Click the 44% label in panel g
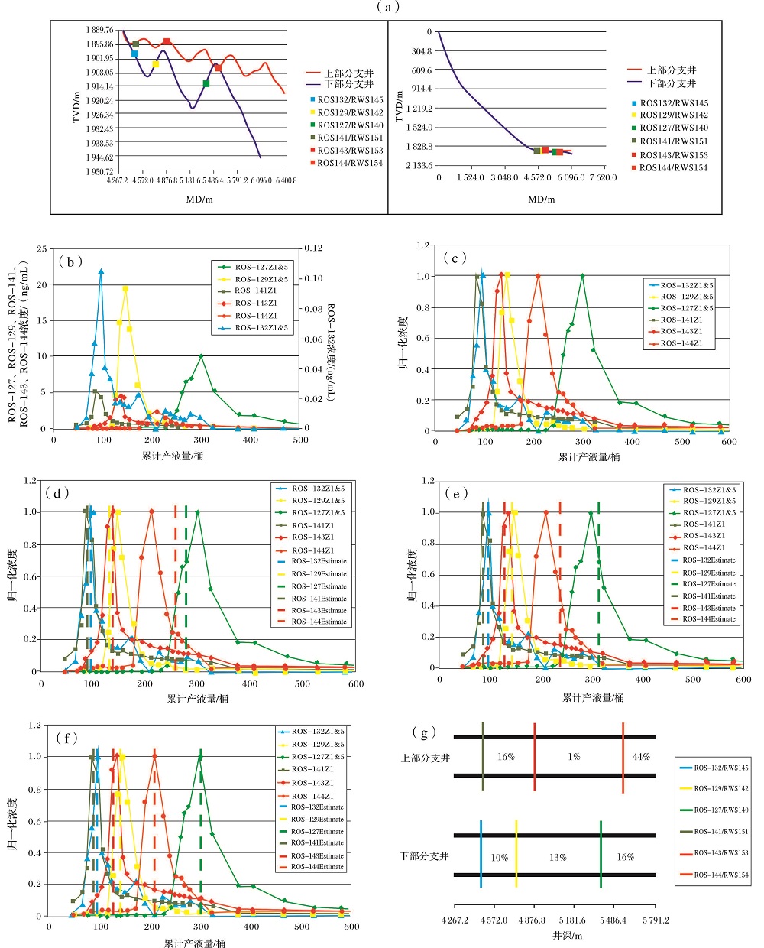[x=641, y=757]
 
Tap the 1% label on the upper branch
[x=574, y=757]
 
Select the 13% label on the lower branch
[x=558, y=857]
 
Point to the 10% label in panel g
[x=499, y=857]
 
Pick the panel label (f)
[x=67, y=738]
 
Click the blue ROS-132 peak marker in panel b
[x=101, y=271]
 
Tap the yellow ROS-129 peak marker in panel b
[x=125, y=289]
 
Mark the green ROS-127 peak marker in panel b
[x=201, y=356]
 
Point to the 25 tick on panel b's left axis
[x=42, y=249]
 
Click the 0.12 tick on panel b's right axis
[x=313, y=248]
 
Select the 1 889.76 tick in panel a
[x=99, y=31]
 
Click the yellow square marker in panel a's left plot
[x=156, y=64]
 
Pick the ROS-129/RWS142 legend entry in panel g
[x=720, y=788]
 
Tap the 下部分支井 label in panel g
[x=424, y=856]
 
